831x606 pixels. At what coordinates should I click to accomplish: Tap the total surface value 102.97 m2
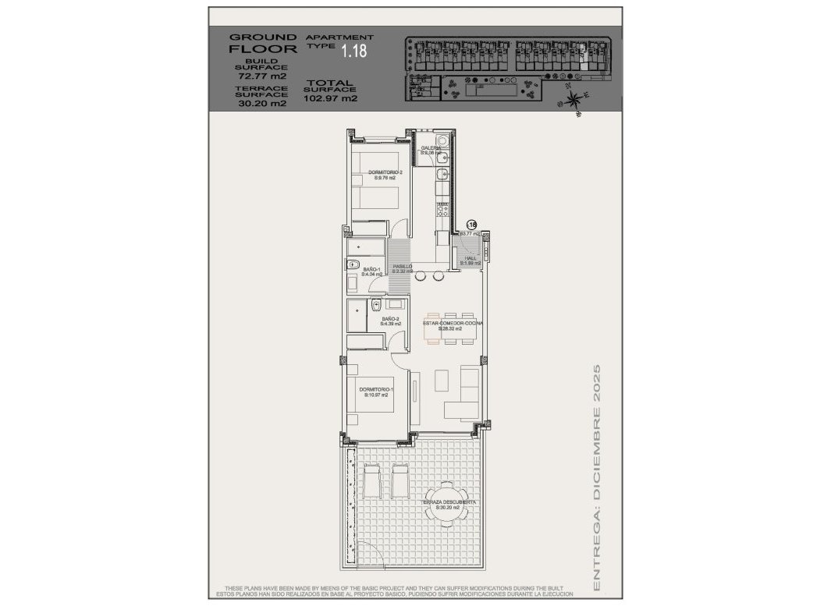tap(332, 98)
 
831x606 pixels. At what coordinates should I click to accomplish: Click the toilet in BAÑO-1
tap(352, 263)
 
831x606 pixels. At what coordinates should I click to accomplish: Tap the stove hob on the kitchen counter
tap(442, 208)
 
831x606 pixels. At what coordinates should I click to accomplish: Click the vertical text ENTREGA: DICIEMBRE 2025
tap(597, 476)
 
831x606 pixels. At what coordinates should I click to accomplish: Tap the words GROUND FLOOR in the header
tap(262, 42)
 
